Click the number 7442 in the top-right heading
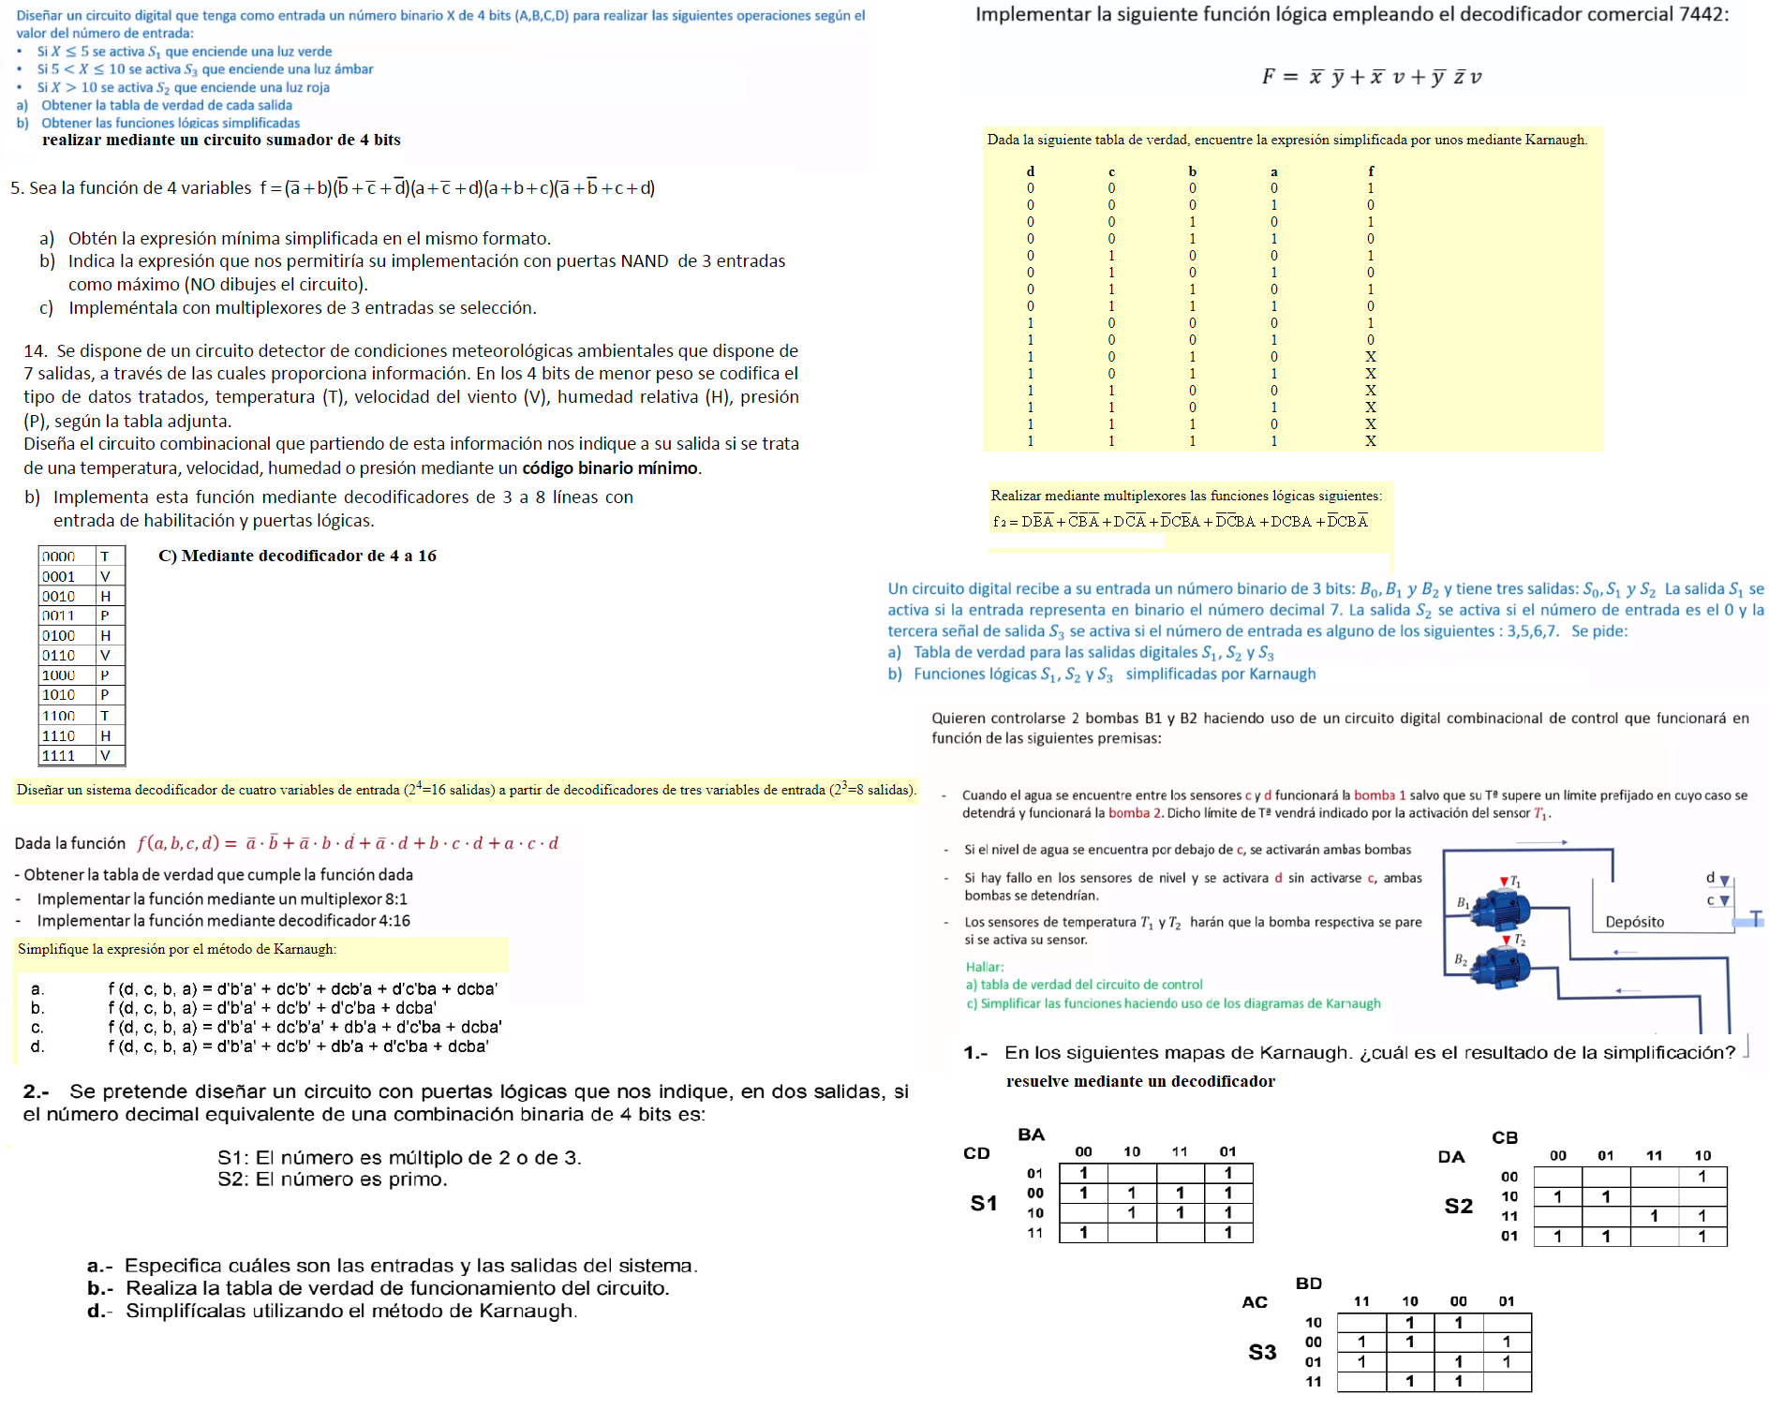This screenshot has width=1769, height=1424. [x=1702, y=14]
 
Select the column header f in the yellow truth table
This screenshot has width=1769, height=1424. [x=1371, y=171]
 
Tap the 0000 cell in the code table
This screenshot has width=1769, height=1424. [x=58, y=556]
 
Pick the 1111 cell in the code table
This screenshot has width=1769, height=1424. [x=58, y=756]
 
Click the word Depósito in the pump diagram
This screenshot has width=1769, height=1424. [x=1635, y=922]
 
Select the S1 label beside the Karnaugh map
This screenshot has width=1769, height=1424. [x=984, y=1203]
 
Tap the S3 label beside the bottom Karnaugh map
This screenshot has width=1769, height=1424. [x=1262, y=1352]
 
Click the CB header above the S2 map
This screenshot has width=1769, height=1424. [x=1505, y=1137]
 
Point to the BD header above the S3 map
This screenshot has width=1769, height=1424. [x=1309, y=1283]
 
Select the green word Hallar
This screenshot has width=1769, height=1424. [x=985, y=967]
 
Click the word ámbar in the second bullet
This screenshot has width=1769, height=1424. [x=353, y=69]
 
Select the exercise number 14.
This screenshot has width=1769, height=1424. [x=36, y=351]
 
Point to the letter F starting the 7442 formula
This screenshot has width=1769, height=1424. [x=1269, y=77]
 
